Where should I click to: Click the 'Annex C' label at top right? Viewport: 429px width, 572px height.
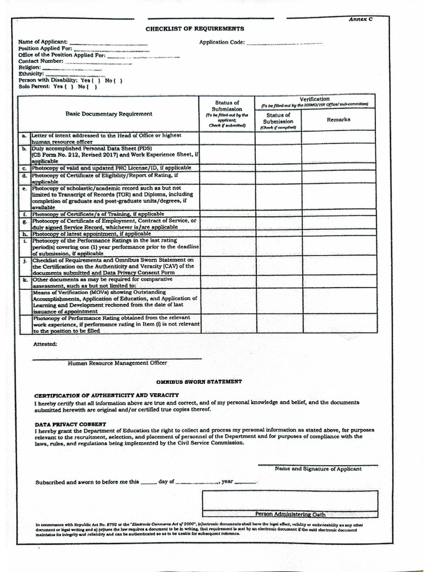pos(360,19)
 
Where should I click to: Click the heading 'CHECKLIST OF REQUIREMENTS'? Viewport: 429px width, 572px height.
pos(194,28)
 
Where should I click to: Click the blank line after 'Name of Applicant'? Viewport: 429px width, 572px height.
pos(108,42)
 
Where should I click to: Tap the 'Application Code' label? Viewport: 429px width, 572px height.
pos(222,42)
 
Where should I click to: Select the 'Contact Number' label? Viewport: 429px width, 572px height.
pos(41,61)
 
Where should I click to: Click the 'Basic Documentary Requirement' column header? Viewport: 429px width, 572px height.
pos(108,114)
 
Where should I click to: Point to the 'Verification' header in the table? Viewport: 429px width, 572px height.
pos(314,99)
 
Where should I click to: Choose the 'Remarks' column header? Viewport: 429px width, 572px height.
pos(339,120)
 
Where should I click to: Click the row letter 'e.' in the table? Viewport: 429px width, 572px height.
pos(24,189)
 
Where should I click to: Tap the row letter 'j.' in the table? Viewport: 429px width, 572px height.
pos(24,260)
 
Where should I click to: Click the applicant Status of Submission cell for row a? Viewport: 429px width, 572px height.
pos(227,138)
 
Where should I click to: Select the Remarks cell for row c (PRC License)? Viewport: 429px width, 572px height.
pos(339,168)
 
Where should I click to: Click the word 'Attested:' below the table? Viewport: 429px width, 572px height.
pos(45,344)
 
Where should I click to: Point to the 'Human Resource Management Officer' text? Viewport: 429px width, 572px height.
pos(117,363)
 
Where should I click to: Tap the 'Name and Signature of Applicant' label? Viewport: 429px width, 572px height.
pos(318,469)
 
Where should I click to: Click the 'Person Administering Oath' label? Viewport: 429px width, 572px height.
pos(290,514)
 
